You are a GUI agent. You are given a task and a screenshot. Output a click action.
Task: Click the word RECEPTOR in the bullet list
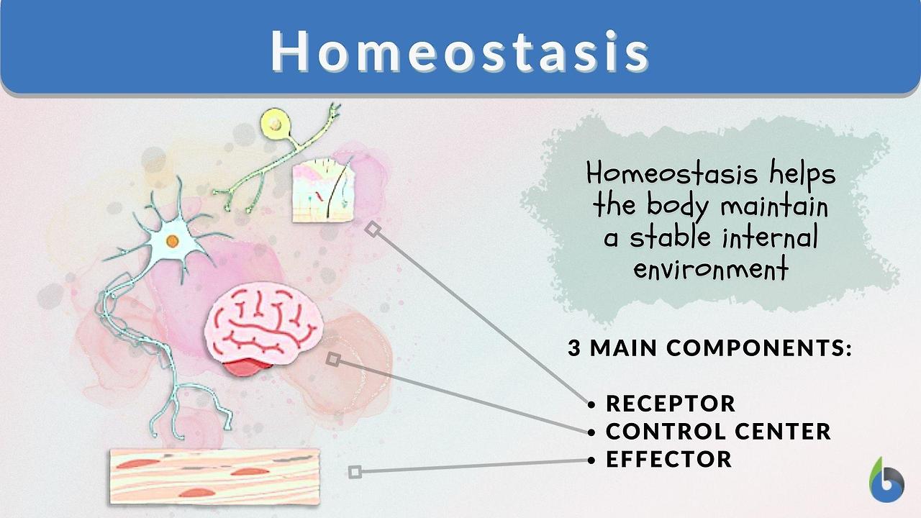pos(671,404)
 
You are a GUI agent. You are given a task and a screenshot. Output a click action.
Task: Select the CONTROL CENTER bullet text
pos(718,432)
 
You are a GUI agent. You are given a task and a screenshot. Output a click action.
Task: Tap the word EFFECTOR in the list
pos(668,459)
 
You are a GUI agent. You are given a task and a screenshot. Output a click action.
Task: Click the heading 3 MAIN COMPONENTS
pos(709,349)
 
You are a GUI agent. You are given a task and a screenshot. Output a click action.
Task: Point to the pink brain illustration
pos(262,324)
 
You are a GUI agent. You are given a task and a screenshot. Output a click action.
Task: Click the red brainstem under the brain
pos(248,366)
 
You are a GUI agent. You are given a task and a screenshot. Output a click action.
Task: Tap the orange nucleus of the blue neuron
pos(172,242)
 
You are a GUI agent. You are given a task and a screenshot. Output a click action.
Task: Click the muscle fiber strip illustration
pos(214,476)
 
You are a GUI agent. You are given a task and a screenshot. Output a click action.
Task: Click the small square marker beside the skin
pos(372,229)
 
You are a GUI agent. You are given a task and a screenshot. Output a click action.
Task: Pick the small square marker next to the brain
pos(333,358)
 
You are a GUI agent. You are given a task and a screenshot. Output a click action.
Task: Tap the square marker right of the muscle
pos(355,472)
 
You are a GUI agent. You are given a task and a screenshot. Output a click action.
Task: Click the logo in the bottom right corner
pos(886,481)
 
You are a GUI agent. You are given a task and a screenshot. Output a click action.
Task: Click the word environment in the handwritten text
pos(711,270)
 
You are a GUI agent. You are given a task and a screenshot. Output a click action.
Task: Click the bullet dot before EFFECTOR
pos(592,460)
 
